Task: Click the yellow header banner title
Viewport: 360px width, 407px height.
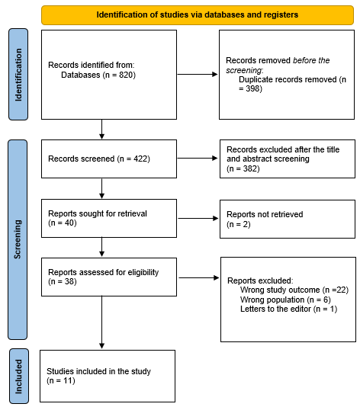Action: coord(197,14)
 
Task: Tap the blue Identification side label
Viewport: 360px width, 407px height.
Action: coord(18,75)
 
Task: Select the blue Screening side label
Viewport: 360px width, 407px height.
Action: coord(18,239)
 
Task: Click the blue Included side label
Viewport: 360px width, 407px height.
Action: coord(19,377)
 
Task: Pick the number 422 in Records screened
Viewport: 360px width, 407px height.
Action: coord(140,159)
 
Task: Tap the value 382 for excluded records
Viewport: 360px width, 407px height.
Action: coord(250,168)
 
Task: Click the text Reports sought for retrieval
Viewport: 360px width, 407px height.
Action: coord(98,213)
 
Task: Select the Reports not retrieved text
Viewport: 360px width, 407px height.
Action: coord(265,214)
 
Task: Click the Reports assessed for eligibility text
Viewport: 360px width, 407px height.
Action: coord(104,272)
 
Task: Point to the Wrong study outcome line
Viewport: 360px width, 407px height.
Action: coord(294,290)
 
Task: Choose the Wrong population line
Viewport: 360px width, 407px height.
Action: coord(285,300)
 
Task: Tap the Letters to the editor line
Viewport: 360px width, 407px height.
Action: coord(288,309)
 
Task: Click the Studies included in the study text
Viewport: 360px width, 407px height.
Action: coord(98,371)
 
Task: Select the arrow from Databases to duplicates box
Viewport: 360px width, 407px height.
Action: coord(198,75)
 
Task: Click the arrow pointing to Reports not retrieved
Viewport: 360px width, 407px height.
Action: coord(198,218)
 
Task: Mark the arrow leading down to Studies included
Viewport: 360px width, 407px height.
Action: coord(101,322)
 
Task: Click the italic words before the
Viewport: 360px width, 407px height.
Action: coord(311,60)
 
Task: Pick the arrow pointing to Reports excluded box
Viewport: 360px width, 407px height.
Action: coord(199,277)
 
